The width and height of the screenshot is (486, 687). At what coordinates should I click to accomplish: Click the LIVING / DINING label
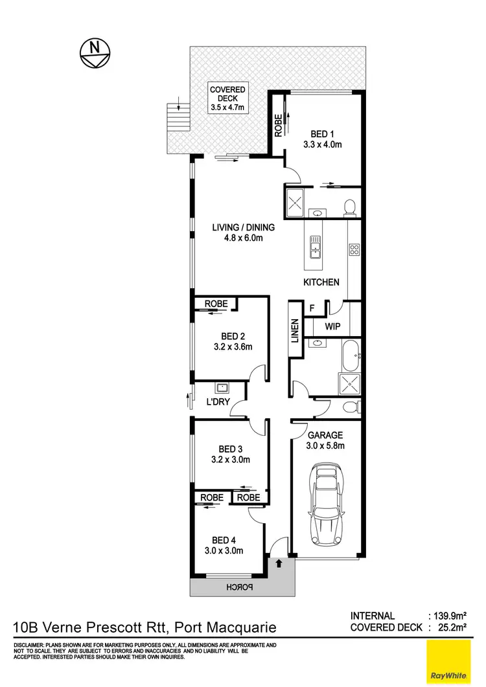(x=244, y=232)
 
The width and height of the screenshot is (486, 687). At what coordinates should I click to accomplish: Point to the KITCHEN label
(x=321, y=282)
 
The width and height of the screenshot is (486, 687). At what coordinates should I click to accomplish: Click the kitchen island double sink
(x=316, y=245)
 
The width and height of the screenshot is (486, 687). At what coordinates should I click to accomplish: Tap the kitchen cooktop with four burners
(x=354, y=249)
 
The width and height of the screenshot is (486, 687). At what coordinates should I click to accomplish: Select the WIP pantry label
(x=333, y=326)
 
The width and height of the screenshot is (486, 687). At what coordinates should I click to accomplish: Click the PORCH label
(x=237, y=587)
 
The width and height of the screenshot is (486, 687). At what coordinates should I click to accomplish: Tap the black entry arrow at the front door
(x=279, y=563)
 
